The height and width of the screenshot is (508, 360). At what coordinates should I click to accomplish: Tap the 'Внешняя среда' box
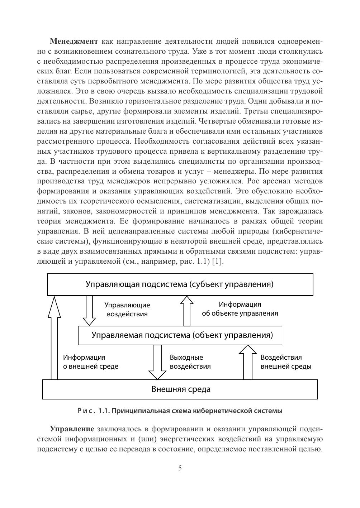pos(180,389)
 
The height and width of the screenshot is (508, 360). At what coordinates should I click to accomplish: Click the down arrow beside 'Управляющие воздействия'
pos(89,310)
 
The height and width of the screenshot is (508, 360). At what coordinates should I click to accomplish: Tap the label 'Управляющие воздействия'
pos(127,310)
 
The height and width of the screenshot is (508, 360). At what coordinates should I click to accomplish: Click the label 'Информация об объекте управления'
pos(240,309)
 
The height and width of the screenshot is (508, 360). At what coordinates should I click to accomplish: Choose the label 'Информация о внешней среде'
pos(90,362)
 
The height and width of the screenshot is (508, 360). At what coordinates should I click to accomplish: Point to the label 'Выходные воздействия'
pos(190,362)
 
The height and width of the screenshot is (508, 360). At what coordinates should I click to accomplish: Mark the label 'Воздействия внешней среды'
pos(286,362)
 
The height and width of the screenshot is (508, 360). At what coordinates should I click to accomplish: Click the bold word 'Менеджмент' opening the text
pos(74,41)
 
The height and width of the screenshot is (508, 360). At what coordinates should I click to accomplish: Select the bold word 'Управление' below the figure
pos(72,429)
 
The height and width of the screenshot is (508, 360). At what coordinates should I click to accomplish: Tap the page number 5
pos(180,468)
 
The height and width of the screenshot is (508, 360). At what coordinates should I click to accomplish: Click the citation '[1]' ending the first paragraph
pos(217,261)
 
